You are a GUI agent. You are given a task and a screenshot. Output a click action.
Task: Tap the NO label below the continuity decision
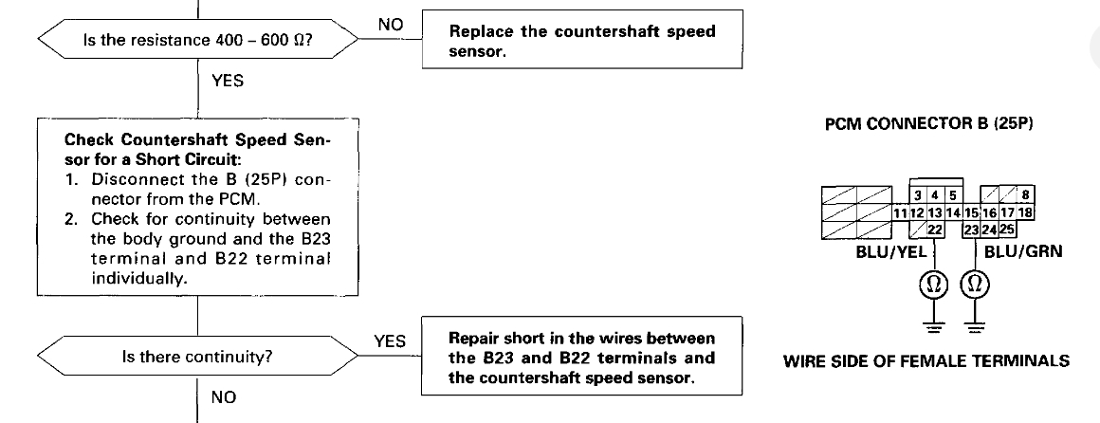tap(224, 395)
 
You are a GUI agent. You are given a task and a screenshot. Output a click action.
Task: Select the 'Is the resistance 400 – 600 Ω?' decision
tap(196, 42)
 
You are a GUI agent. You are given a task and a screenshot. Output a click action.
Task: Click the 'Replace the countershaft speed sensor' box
tap(581, 42)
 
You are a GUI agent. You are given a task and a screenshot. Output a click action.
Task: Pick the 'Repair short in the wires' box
tap(581, 357)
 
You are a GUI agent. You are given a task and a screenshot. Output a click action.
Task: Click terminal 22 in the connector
tap(934, 229)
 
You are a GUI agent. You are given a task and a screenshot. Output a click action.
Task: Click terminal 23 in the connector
tap(970, 229)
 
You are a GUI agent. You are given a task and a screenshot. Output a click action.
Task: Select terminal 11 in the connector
tap(902, 213)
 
